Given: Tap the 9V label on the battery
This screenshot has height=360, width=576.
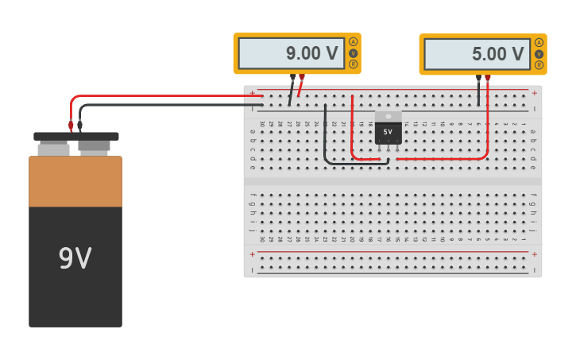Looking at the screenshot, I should [75, 258].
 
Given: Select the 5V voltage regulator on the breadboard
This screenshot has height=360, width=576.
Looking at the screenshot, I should [388, 130].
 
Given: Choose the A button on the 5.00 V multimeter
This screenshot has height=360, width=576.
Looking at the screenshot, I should [539, 42].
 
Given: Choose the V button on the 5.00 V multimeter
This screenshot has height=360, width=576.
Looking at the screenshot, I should [539, 54].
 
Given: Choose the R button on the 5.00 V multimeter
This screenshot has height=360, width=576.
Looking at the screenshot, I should [539, 65].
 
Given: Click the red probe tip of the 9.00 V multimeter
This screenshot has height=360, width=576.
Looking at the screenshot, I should [301, 79].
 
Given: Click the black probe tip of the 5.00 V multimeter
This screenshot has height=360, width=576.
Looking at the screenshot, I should [478, 79].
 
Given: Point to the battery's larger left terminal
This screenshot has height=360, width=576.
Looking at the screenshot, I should [53, 148].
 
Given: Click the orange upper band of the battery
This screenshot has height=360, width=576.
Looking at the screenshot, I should [75, 181].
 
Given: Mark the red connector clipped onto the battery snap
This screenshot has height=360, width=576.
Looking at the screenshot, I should [71, 126].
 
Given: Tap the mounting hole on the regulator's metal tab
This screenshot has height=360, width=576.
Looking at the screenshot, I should [388, 116].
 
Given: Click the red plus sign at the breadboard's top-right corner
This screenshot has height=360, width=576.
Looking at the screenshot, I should [534, 93].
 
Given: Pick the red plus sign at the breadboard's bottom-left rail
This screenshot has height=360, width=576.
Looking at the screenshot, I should [253, 254].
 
